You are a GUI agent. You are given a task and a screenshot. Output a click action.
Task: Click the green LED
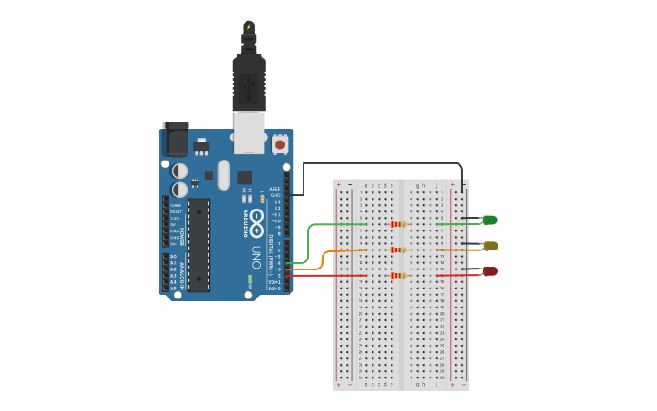(489, 220)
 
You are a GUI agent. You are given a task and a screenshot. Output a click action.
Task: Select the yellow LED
(489, 246)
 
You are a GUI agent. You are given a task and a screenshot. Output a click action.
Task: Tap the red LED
(489, 271)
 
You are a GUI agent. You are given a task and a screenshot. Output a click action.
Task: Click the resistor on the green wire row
(396, 224)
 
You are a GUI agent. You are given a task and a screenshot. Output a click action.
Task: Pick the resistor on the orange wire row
(396, 250)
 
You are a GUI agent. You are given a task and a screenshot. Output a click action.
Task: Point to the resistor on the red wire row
(396, 275)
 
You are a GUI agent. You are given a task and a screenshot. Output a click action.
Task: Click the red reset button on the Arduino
(279, 143)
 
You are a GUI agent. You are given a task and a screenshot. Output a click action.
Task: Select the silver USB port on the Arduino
(247, 132)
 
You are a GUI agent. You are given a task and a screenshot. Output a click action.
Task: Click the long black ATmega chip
(198, 245)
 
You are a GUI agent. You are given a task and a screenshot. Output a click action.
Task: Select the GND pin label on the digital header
(275, 195)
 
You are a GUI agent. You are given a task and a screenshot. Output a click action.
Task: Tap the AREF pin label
(275, 189)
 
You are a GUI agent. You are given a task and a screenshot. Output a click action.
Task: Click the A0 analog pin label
(174, 257)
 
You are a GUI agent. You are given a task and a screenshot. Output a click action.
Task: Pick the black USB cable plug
(247, 77)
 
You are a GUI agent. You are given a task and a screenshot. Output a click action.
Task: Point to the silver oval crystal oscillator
(224, 175)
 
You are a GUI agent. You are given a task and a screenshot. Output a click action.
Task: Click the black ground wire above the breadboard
(381, 164)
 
